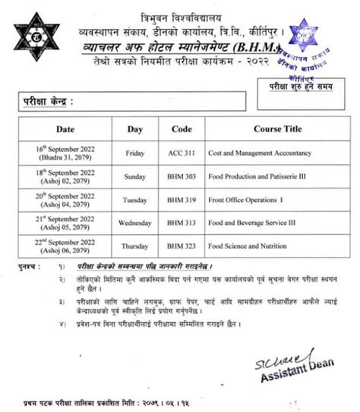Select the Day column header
tap(135, 129)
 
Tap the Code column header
tap(182, 129)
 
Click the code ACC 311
tap(182, 153)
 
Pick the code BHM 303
tap(182, 176)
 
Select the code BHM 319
tap(182, 200)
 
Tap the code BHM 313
tap(182, 223)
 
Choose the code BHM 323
tap(182, 247)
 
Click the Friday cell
tap(135, 153)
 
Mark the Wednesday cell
tap(135, 223)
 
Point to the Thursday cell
tap(135, 247)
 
